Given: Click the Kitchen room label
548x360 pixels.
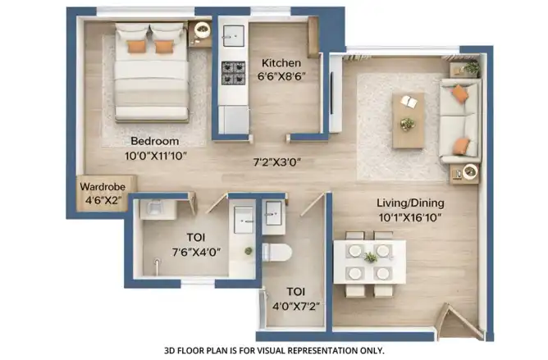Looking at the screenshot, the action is (x=281, y=63).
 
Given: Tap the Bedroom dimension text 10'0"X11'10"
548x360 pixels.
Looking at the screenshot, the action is (x=156, y=156).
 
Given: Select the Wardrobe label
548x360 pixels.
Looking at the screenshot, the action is (x=103, y=187).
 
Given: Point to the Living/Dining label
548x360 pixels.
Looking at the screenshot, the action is (x=410, y=203).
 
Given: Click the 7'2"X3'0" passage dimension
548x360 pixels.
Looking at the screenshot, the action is (x=277, y=162).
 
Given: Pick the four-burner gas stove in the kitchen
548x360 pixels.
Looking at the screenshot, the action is (x=234, y=73).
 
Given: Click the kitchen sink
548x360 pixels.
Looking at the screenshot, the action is (x=234, y=35).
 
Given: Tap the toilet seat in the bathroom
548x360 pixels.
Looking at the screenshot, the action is (x=276, y=252).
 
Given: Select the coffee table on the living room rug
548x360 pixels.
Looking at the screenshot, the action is (x=409, y=121).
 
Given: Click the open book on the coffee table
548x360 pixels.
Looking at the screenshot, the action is (x=409, y=102).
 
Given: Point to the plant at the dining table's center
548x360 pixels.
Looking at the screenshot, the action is (x=370, y=257).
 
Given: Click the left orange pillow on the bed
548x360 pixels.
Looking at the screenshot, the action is (x=136, y=46).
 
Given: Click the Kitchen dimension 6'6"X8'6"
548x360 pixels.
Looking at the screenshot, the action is (x=281, y=76).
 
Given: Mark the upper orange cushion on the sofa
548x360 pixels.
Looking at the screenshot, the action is (x=460, y=93).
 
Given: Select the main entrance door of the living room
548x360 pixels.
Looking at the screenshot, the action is (x=461, y=321).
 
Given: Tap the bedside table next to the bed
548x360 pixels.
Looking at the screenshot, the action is (x=200, y=34).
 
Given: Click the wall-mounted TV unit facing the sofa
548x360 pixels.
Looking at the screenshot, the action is (x=336, y=93).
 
